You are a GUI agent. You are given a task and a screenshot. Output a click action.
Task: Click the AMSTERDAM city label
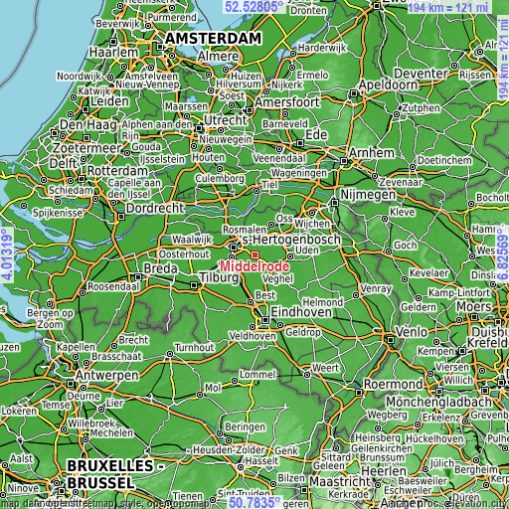pyautogui.click(x=214, y=38)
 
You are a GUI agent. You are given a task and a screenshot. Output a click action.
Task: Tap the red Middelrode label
pyautogui.click(x=256, y=266)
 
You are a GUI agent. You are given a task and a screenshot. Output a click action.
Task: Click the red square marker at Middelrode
pyautogui.click(x=254, y=254)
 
